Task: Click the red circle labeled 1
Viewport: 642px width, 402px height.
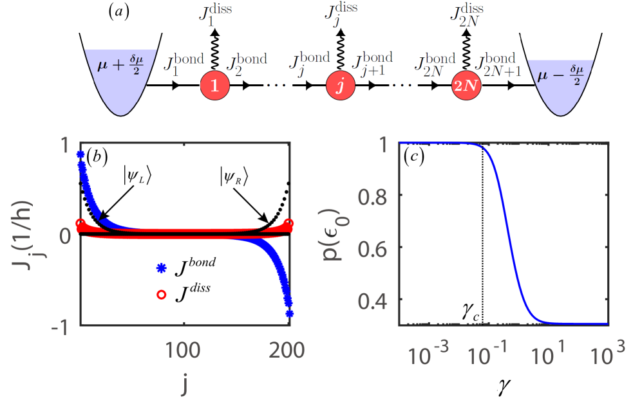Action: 215,86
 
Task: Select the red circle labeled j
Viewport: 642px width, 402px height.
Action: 341,86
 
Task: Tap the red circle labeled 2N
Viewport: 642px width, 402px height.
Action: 466,86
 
